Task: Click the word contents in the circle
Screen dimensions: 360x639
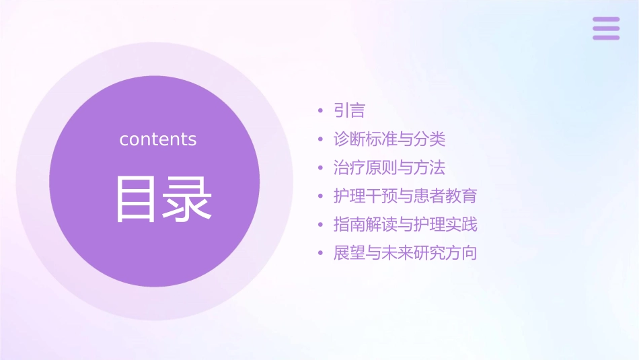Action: (x=158, y=139)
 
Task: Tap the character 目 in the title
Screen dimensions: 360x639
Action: (x=135, y=199)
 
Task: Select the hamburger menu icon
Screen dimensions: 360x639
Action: (x=606, y=28)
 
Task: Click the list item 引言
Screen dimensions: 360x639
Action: (x=349, y=110)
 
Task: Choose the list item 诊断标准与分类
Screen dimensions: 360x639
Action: (x=389, y=139)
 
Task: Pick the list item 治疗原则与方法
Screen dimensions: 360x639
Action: (x=389, y=168)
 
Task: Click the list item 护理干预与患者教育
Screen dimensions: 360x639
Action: (x=405, y=196)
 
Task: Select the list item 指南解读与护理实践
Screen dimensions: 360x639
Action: (x=405, y=225)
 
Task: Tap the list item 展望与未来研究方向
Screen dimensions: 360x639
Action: (x=405, y=254)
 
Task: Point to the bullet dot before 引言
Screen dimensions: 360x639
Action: (x=321, y=111)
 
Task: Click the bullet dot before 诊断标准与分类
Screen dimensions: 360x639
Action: (x=321, y=140)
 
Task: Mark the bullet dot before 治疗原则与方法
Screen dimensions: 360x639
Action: (x=321, y=168)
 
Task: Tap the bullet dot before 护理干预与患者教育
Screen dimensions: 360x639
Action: (x=321, y=197)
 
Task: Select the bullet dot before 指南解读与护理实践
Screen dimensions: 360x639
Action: (x=321, y=225)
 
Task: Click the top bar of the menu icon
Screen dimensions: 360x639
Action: (x=606, y=20)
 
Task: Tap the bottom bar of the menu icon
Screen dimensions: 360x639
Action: (x=606, y=37)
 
